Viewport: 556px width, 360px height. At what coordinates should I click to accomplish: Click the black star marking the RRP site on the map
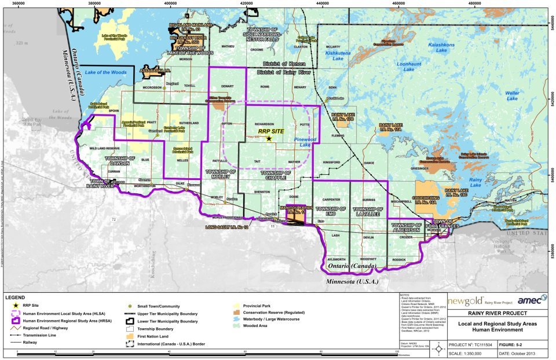[x=268, y=138]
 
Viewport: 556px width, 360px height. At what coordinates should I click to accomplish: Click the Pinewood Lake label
[x=302, y=142]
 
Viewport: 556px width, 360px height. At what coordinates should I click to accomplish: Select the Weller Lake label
[x=511, y=95]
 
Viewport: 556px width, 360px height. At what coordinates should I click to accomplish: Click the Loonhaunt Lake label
[x=409, y=67]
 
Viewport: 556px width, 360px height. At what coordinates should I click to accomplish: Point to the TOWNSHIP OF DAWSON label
[x=121, y=160]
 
